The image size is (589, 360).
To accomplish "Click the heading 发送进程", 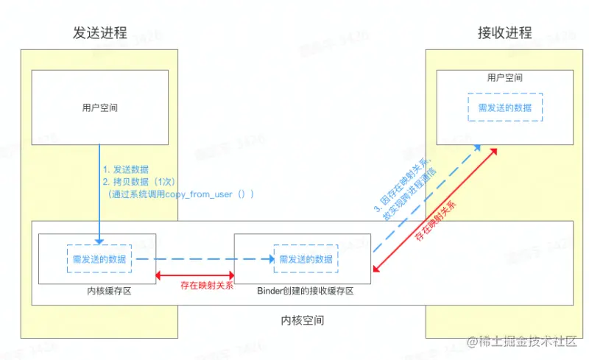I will pyautogui.click(x=100, y=33).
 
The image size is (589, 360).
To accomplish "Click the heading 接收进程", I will pyautogui.click(x=505, y=33).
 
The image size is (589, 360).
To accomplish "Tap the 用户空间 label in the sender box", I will pyautogui.click(x=100, y=108).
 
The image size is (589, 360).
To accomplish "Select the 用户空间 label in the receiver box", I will pyautogui.click(x=505, y=77).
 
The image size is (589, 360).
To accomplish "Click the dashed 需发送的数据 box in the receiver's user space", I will pyautogui.click(x=505, y=107).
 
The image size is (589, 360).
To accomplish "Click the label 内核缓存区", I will pyautogui.click(x=108, y=292).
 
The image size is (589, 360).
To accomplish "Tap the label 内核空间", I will pyautogui.click(x=302, y=321).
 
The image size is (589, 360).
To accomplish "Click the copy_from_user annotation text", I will pyautogui.click(x=180, y=194).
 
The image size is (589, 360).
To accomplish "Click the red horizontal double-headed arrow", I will pyautogui.click(x=195, y=274).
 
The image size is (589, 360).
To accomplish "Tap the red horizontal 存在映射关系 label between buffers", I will pyautogui.click(x=207, y=286).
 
